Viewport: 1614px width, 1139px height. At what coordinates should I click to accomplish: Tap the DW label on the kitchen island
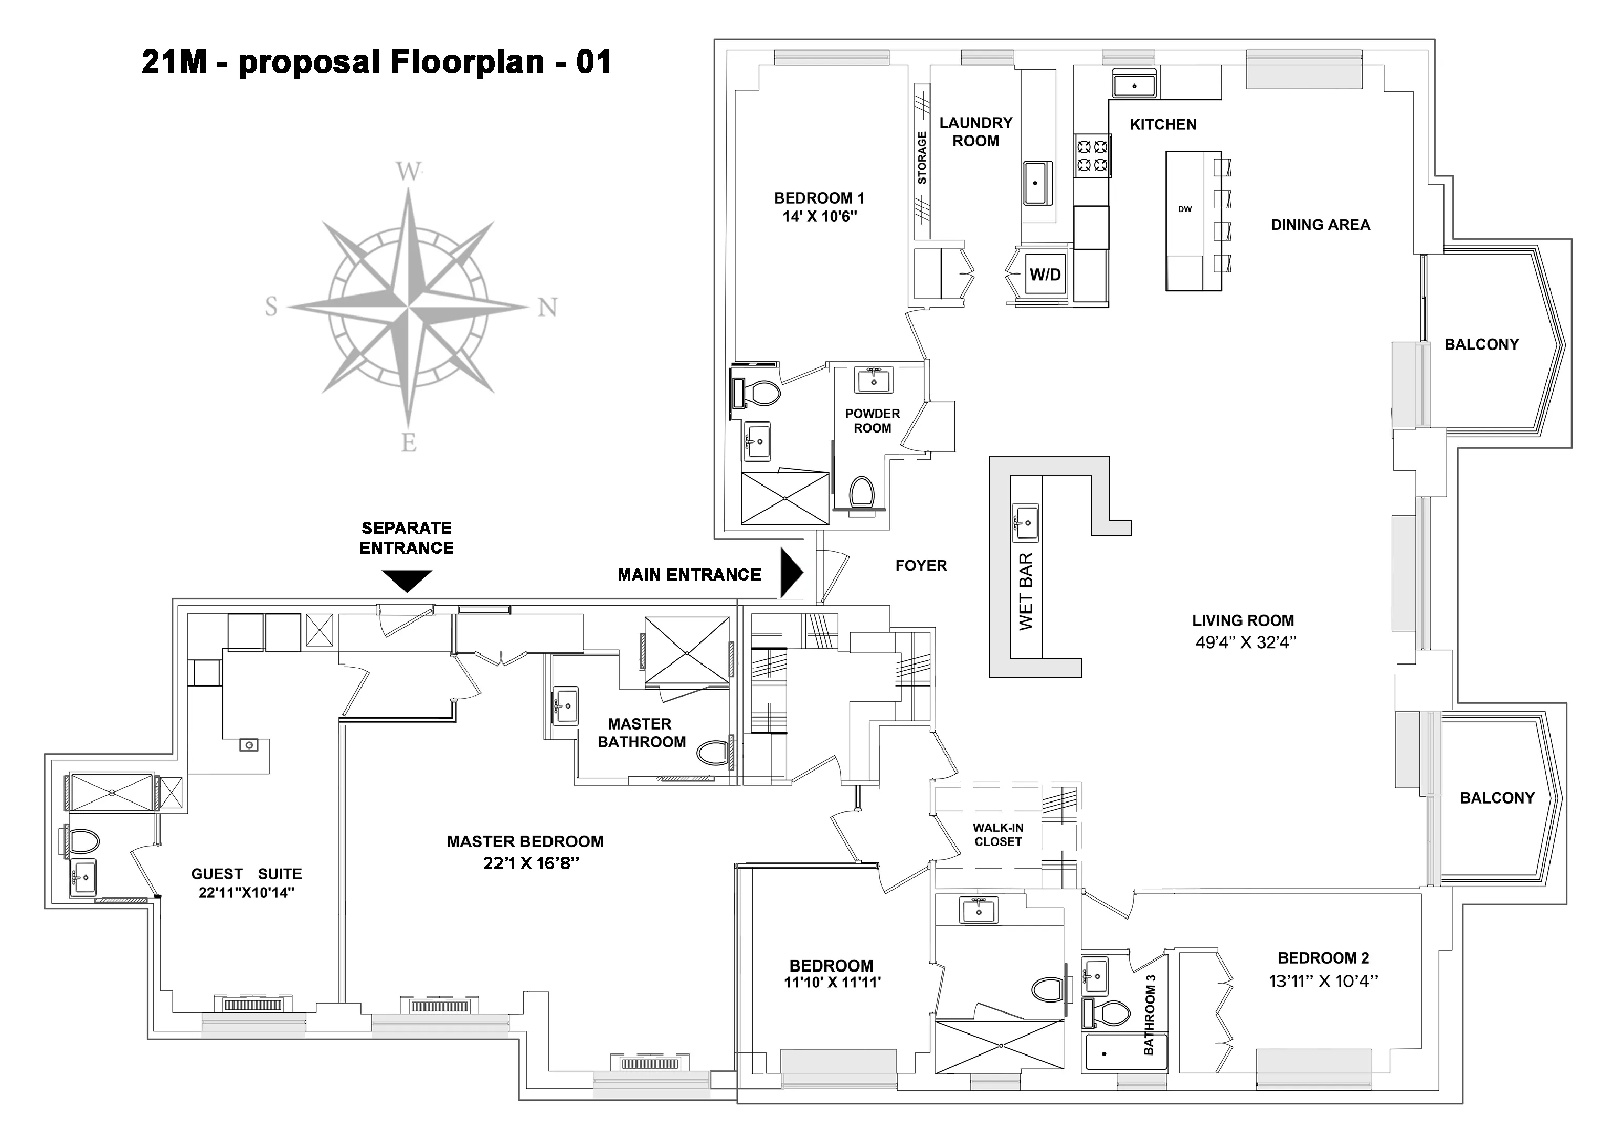pos(1185,209)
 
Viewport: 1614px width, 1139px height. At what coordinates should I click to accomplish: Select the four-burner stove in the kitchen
pos(1092,155)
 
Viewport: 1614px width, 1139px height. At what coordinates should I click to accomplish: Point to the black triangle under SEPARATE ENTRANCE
pos(406,581)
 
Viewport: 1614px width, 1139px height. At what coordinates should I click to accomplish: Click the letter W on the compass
pos(408,171)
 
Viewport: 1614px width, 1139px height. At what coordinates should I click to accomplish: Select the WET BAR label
pos(1026,592)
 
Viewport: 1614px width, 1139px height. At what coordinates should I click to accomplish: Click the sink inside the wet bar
pos(1025,522)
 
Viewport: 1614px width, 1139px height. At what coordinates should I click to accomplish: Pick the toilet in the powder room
pos(862,492)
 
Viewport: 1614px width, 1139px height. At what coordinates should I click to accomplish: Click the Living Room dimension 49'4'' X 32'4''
pos(1246,642)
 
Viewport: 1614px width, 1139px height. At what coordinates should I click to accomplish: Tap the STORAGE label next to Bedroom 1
pos(921,158)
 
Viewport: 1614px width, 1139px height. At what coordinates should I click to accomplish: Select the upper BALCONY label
pos(1481,344)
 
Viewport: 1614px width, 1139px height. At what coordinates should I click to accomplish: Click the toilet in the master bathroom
pos(714,753)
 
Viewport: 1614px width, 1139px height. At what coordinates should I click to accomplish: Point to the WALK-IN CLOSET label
pos(997,835)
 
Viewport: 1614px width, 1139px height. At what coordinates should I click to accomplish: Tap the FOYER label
pos(921,565)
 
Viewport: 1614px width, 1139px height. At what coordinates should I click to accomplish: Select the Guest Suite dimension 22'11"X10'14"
pos(246,893)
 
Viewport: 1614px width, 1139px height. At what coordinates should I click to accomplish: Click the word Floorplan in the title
pos(467,62)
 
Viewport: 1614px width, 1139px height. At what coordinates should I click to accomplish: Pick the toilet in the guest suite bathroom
pos(82,841)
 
